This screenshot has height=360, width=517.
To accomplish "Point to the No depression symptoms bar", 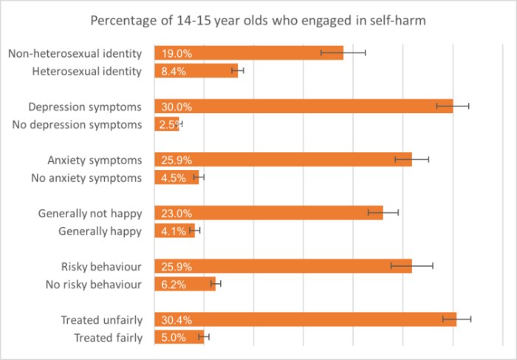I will pos(167,124).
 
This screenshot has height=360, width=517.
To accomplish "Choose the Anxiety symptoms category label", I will pos(95,160).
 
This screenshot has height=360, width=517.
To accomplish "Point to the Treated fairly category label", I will pos(108,337).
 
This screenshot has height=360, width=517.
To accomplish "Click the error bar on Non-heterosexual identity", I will pos(343,53).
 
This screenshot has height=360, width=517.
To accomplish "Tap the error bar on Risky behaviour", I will pos(411,266).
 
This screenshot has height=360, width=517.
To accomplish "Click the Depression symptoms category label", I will pos(85,106).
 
